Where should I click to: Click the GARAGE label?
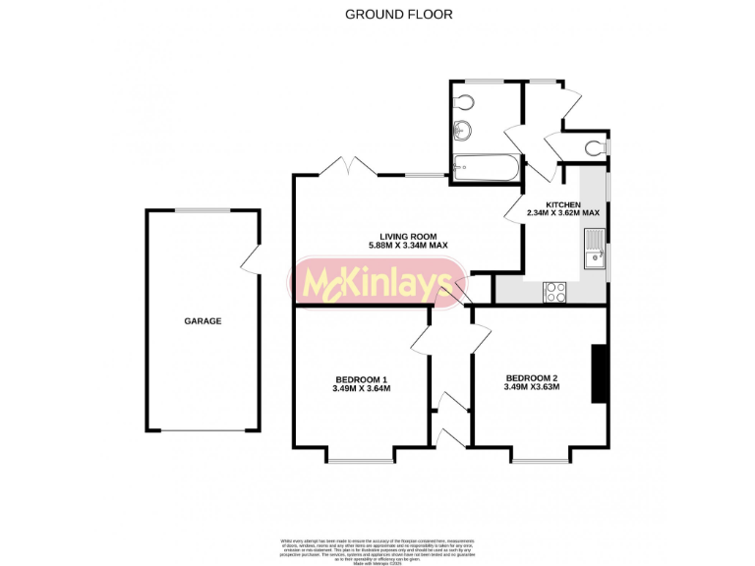(x=203, y=321)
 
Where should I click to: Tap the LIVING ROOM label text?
(x=408, y=236)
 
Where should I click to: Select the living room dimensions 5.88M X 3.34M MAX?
(x=408, y=246)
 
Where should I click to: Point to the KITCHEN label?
(x=564, y=203)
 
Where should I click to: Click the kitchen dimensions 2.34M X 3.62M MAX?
(x=563, y=213)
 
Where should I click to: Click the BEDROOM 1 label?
(x=362, y=379)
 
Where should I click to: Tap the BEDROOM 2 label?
(x=532, y=378)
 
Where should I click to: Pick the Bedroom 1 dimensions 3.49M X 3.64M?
(x=362, y=389)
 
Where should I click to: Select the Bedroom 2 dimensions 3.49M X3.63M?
(x=532, y=387)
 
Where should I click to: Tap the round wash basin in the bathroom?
(x=464, y=128)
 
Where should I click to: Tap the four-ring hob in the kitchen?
(x=555, y=291)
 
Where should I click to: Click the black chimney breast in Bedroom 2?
(x=599, y=373)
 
